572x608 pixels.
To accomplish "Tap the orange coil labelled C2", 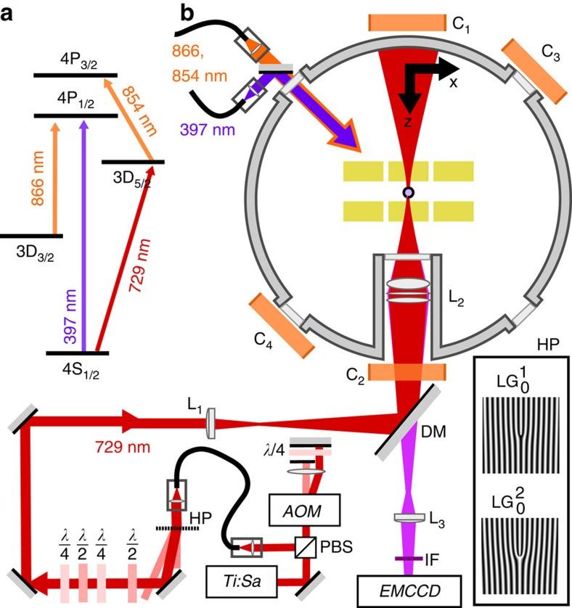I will coord(406,373).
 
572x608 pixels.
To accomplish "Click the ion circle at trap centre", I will coord(409,192).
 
